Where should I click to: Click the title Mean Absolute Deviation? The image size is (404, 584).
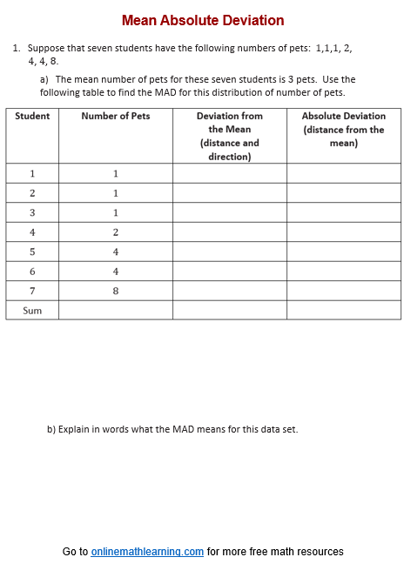pyautogui.click(x=202, y=20)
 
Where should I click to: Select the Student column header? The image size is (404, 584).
pyautogui.click(x=32, y=116)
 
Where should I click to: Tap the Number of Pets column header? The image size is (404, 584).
pyautogui.click(x=115, y=116)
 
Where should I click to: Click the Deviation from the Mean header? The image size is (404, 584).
pyautogui.click(x=229, y=136)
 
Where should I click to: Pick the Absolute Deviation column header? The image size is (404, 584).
pyautogui.click(x=344, y=129)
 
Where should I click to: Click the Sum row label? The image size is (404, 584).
pyautogui.click(x=32, y=310)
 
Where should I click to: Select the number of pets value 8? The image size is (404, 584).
pyautogui.click(x=115, y=291)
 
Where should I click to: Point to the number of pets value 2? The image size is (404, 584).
pyautogui.click(x=115, y=232)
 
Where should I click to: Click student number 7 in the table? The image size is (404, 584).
pyautogui.click(x=32, y=291)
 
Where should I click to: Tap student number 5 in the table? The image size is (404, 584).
pyautogui.click(x=32, y=252)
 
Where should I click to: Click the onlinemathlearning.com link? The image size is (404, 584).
pyautogui.click(x=147, y=552)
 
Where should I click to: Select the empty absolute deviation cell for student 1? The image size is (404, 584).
pyautogui.click(x=344, y=173)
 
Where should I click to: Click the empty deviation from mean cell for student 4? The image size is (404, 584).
pyautogui.click(x=229, y=232)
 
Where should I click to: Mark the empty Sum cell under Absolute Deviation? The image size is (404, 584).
pyautogui.click(x=344, y=310)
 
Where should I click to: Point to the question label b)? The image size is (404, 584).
pyautogui.click(x=51, y=429)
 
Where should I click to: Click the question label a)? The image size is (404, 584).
pyautogui.click(x=44, y=79)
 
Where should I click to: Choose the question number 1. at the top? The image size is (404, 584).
pyautogui.click(x=17, y=49)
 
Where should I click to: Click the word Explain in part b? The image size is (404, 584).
pyautogui.click(x=75, y=429)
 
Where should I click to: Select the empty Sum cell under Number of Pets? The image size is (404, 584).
pyautogui.click(x=115, y=310)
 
